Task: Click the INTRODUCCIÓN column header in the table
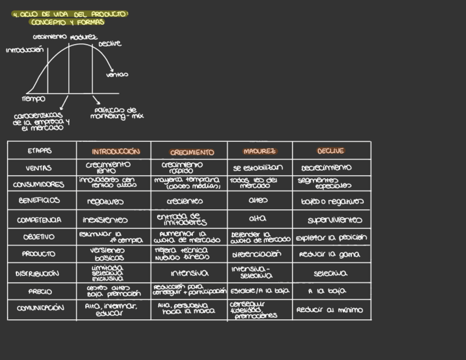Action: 115,151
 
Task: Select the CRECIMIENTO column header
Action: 192,152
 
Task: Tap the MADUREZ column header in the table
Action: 260,151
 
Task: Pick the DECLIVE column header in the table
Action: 331,151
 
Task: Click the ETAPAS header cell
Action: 40,151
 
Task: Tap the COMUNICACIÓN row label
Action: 40,308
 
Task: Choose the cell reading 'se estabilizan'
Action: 258,168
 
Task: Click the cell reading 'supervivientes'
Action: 335,220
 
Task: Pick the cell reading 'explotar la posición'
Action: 331,238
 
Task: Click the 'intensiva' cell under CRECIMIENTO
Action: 190,273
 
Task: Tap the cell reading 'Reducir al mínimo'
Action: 330,310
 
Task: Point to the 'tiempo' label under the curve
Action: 34,99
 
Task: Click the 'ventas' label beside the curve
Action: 117,75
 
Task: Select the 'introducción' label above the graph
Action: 25,50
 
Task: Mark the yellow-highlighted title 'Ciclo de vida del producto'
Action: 69,18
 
